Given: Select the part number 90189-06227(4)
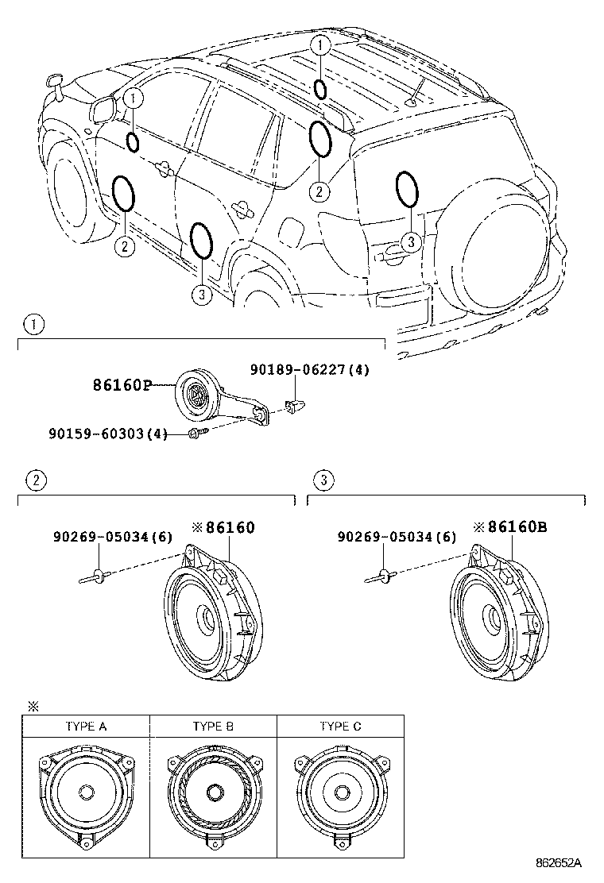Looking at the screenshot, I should coord(309,369).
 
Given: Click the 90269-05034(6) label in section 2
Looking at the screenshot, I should coord(113,538).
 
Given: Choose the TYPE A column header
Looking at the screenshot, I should coord(85,726).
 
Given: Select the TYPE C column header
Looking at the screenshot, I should coord(339,726).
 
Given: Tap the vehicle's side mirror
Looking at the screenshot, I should coord(104,110).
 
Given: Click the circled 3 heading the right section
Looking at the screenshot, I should coord(322,480).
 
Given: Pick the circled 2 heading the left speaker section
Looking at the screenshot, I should coord(33,480).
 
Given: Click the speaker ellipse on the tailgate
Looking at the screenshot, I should coord(406,189).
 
